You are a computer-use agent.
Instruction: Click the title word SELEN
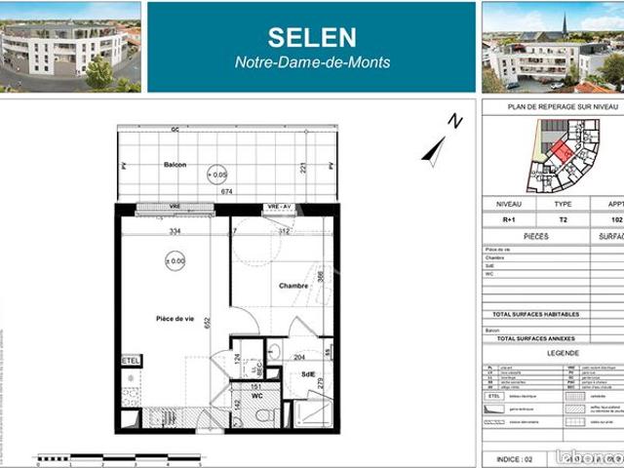(x=311, y=37)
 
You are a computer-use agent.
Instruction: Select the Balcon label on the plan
(x=175, y=165)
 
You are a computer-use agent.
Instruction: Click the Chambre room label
(x=292, y=286)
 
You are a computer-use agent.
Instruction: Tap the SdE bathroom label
(x=308, y=374)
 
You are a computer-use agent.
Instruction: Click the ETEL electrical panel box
(x=131, y=361)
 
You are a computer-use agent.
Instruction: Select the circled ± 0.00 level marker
(x=175, y=260)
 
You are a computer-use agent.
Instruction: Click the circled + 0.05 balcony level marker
(x=218, y=175)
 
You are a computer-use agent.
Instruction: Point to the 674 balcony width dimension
(x=226, y=192)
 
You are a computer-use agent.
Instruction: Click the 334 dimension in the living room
(x=175, y=232)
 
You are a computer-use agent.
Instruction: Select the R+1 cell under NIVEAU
(x=508, y=219)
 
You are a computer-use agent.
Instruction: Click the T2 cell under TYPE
(x=563, y=219)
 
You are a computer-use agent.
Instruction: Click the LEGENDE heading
(x=563, y=353)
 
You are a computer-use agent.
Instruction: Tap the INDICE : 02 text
(x=514, y=456)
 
